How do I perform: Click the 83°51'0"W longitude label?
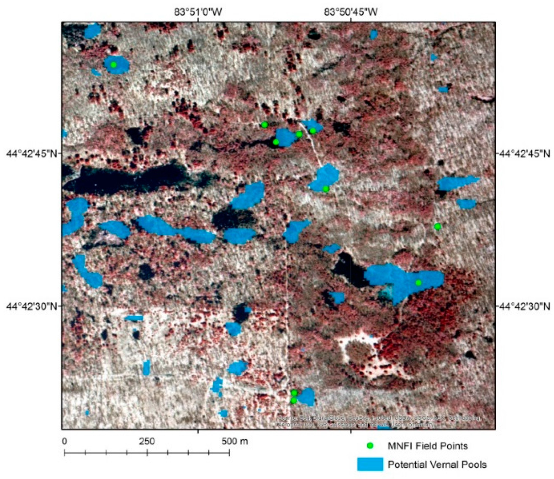[198, 12]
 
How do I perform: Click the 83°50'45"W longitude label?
[351, 12]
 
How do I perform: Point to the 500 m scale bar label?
[235, 441]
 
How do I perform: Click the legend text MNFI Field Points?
[428, 446]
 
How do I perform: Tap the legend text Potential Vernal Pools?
[437, 465]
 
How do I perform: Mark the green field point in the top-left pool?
[113, 65]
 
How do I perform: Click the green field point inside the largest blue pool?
[419, 283]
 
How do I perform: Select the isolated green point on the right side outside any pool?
[437, 227]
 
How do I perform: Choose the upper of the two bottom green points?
[294, 393]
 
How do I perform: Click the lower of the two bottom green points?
[294, 400]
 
